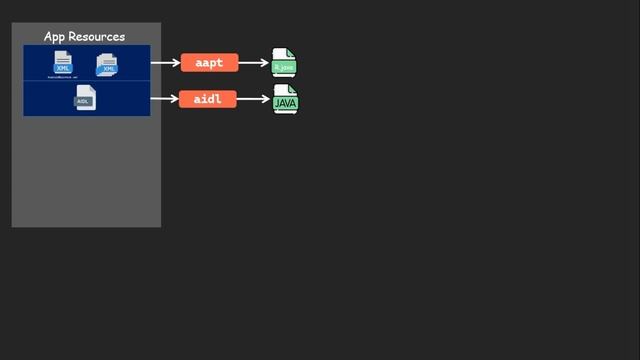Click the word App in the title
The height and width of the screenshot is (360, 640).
[x=56, y=37]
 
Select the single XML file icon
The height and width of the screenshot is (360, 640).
[x=63, y=62]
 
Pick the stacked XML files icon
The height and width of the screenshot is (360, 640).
[x=107, y=64]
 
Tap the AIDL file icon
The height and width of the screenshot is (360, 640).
[x=85, y=97]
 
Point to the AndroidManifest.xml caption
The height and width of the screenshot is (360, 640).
[x=63, y=77]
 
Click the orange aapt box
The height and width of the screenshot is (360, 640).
[x=209, y=63]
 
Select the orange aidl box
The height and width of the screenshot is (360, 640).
[x=208, y=99]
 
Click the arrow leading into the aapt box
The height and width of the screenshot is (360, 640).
[x=165, y=63]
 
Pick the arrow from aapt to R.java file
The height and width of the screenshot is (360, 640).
[x=254, y=63]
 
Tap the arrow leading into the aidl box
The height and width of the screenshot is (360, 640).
[x=164, y=99]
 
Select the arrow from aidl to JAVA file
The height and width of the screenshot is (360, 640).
[x=254, y=99]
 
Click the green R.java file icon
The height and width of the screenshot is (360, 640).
[x=285, y=62]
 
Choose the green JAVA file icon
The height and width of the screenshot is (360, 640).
[x=286, y=98]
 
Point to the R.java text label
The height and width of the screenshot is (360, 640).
[x=285, y=67]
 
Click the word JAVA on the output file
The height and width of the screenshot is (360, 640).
[x=286, y=103]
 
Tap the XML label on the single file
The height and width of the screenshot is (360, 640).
[x=63, y=68]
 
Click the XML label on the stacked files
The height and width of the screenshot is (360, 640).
[x=109, y=69]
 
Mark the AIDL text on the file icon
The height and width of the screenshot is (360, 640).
[x=84, y=102]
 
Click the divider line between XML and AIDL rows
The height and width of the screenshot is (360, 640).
[x=87, y=81]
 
